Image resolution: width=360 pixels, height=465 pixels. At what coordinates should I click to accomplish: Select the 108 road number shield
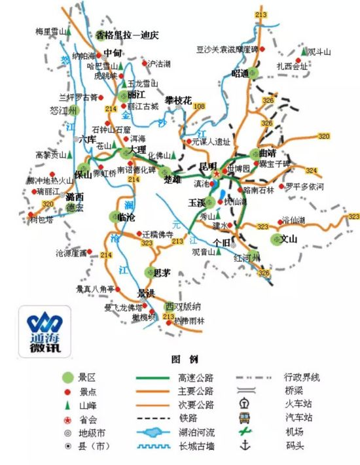[x=199, y=107]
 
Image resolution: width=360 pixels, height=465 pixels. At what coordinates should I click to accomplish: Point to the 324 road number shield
[x=311, y=170]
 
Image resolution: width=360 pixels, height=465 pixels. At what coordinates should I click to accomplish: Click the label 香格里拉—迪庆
[x=128, y=35]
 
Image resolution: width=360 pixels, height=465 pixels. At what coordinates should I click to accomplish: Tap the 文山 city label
[x=289, y=239]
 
